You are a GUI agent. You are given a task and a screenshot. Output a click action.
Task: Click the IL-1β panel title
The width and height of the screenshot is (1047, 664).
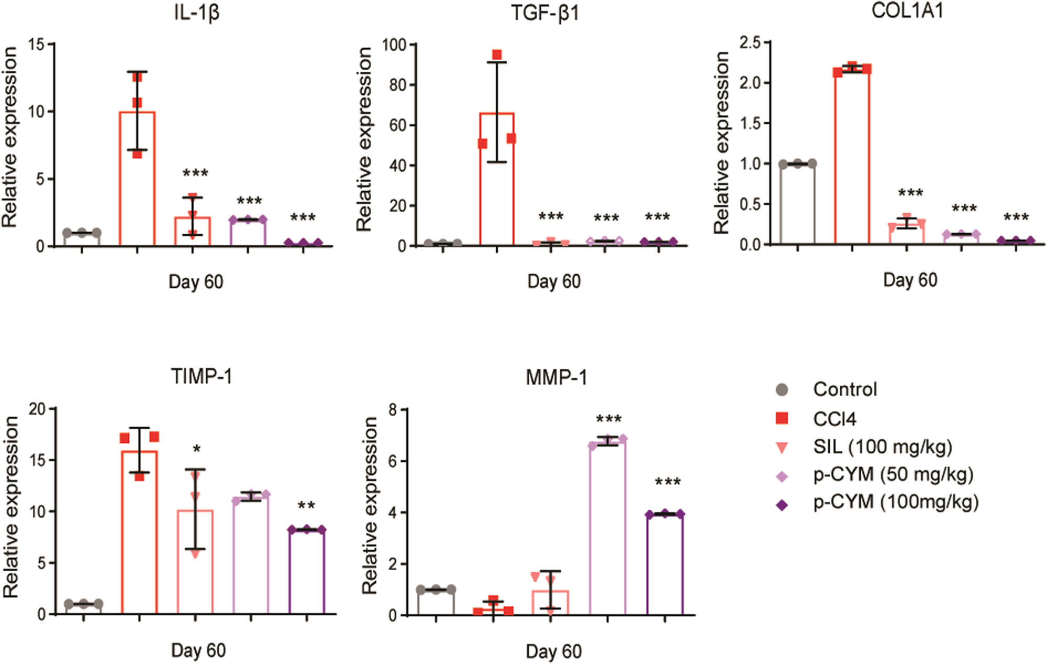(196, 12)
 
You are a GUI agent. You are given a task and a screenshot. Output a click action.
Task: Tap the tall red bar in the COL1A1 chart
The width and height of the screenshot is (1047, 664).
(852, 157)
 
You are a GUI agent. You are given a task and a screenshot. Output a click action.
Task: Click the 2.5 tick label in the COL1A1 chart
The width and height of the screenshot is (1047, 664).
(750, 42)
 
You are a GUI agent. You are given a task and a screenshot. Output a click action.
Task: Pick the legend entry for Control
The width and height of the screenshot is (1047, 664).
(844, 389)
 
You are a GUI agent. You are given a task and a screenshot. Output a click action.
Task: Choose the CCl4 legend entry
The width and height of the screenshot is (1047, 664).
(834, 419)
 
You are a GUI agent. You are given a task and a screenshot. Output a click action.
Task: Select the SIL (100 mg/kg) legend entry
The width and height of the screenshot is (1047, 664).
(882, 447)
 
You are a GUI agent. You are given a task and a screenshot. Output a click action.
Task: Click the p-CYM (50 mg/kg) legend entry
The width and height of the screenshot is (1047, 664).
(893, 474)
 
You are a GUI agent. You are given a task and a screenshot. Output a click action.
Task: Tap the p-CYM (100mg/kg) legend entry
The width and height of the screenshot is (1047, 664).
(895, 502)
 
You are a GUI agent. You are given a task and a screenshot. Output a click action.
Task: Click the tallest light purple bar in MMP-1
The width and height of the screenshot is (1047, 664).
(607, 529)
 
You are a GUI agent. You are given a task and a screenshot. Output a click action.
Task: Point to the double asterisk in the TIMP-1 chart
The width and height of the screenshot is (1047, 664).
(306, 506)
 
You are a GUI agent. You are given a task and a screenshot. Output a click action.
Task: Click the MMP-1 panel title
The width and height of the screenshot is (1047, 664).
(556, 377)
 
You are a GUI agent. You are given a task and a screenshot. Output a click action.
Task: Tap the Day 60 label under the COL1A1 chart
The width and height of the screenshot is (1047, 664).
(910, 280)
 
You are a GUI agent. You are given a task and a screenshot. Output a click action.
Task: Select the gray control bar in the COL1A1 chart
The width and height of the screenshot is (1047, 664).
(797, 204)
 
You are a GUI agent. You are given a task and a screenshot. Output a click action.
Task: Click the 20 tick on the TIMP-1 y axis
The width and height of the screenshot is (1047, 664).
(38, 409)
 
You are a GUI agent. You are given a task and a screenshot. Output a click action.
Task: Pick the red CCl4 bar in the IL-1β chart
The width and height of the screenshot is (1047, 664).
(137, 179)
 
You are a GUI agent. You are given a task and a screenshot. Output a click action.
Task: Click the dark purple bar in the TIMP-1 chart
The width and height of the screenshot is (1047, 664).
(307, 572)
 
